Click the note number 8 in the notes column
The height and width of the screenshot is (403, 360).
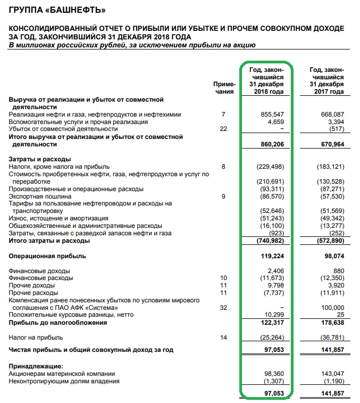[x=224, y=167]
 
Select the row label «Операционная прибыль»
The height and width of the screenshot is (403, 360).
[x=47, y=256]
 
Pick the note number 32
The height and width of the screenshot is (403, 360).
[x=224, y=308]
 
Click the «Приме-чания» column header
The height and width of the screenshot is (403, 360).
[x=223, y=88]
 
